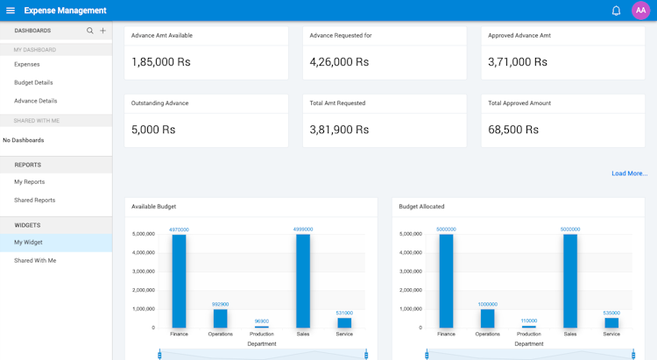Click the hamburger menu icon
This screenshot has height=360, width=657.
click(11, 11)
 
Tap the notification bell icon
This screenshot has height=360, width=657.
click(616, 11)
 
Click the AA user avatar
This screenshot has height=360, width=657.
click(640, 11)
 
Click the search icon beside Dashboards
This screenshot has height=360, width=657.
click(89, 31)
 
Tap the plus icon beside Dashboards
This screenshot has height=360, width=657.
click(102, 31)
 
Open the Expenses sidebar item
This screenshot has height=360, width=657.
click(27, 64)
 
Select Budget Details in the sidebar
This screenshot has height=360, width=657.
click(33, 82)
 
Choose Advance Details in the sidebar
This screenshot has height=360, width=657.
click(35, 101)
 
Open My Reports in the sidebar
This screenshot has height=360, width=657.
click(29, 182)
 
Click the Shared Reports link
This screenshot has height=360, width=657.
click(34, 201)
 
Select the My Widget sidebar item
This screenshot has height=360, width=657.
click(28, 243)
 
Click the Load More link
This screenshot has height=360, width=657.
click(629, 173)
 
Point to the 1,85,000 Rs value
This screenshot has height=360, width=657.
click(160, 62)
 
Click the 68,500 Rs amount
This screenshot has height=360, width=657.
click(513, 130)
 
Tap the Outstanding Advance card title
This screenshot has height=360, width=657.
click(160, 103)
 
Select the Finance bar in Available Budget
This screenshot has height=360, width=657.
click(179, 280)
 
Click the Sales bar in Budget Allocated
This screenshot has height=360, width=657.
click(570, 280)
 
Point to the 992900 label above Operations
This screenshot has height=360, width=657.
click(221, 304)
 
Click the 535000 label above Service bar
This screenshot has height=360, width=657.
click(611, 313)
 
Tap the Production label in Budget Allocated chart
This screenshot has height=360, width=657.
click(529, 334)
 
